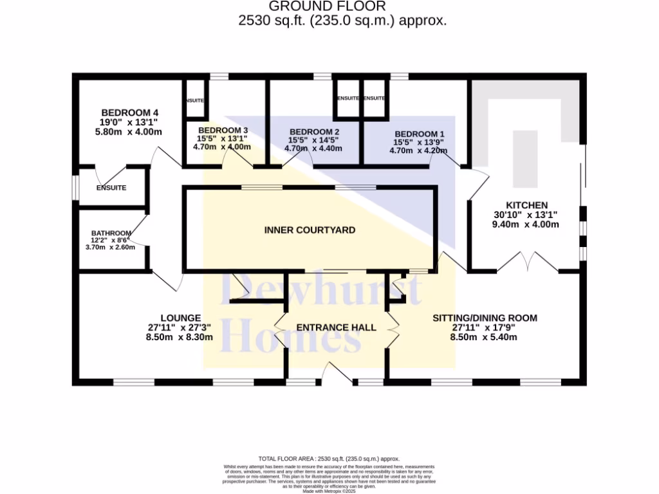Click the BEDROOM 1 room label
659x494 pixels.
pyautogui.click(x=420, y=134)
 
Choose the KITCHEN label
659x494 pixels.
pyautogui.click(x=512, y=205)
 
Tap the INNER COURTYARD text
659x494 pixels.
pyautogui.click(x=310, y=230)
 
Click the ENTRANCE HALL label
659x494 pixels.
pyautogui.click(x=336, y=327)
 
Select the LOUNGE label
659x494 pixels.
pyautogui.click(x=181, y=318)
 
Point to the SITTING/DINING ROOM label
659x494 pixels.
pyautogui.click(x=485, y=318)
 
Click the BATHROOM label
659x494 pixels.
pyautogui.click(x=111, y=233)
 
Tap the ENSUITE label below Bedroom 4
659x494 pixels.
pyautogui.click(x=111, y=188)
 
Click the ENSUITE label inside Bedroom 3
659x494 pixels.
pyautogui.click(x=194, y=101)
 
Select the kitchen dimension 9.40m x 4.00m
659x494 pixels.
pyautogui.click(x=525, y=224)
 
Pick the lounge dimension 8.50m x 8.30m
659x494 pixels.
pyautogui.click(x=180, y=336)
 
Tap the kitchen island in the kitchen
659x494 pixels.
pyautogui.click(x=524, y=158)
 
